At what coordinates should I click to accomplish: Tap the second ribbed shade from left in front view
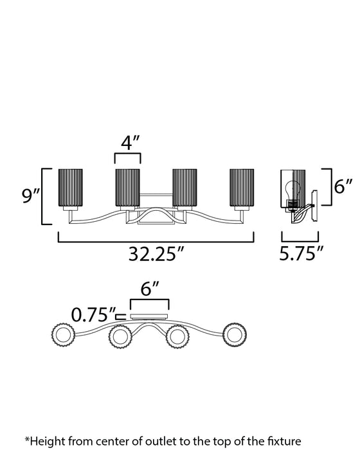(128, 189)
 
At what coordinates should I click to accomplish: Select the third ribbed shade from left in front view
(184, 189)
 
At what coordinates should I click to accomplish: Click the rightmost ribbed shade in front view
(243, 189)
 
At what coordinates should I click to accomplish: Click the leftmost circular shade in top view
(63, 336)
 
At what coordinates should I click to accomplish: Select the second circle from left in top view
(120, 336)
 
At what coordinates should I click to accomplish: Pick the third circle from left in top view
(178, 336)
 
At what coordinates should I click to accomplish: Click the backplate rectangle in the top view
(149, 317)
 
